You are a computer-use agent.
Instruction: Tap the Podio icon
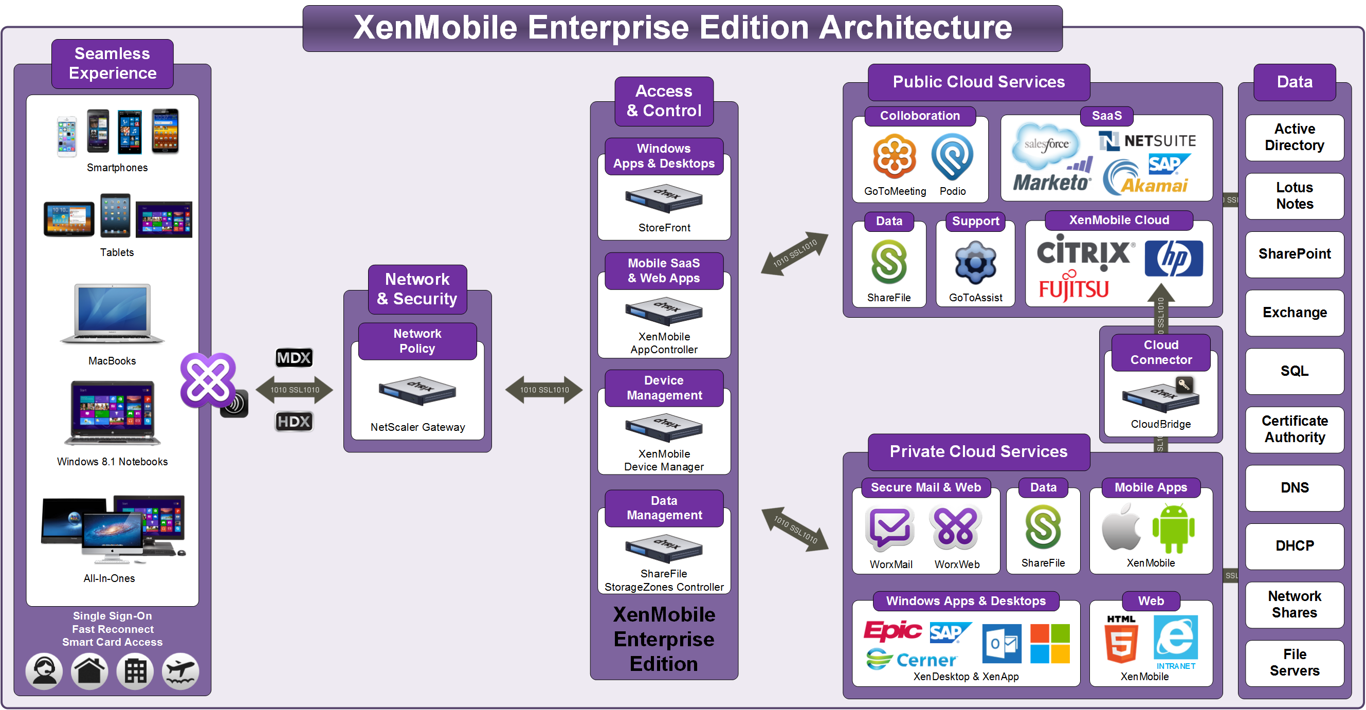click(x=952, y=156)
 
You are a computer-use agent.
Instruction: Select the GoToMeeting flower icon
click(x=895, y=156)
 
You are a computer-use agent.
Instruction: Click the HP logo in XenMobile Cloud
click(x=1174, y=259)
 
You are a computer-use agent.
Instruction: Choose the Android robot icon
click(x=1173, y=529)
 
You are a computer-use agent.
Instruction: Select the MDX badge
click(x=294, y=358)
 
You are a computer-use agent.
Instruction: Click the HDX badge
click(x=294, y=422)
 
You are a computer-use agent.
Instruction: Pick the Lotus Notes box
click(x=1294, y=196)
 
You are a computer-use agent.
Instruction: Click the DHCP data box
click(x=1294, y=546)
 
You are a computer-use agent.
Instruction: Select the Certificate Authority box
click(x=1294, y=429)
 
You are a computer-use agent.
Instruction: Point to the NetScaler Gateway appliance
click(x=417, y=391)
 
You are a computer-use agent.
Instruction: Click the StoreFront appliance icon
click(x=663, y=199)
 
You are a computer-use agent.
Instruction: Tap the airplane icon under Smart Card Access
click(x=180, y=671)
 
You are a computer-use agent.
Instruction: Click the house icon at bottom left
click(x=89, y=671)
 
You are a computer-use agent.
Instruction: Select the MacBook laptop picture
click(x=112, y=315)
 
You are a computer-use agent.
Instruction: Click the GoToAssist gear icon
click(x=975, y=264)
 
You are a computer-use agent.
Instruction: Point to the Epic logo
click(x=893, y=630)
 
